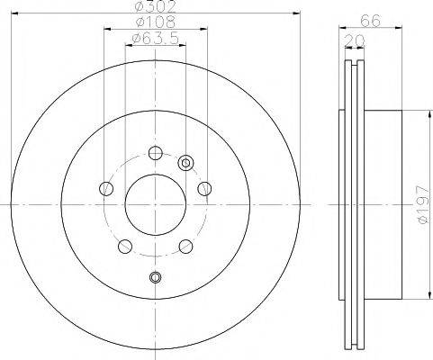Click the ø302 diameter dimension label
pos(155,6)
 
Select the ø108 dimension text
pos(156,22)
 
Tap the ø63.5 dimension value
pos(156,38)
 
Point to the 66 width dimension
pos(370,21)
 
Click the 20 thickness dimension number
pos(355,40)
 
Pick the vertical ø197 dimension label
pos(422,204)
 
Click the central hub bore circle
pos(155,204)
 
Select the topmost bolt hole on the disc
pos(156,153)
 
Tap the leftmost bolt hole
pos(106,189)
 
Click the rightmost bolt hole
pos(204,189)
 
